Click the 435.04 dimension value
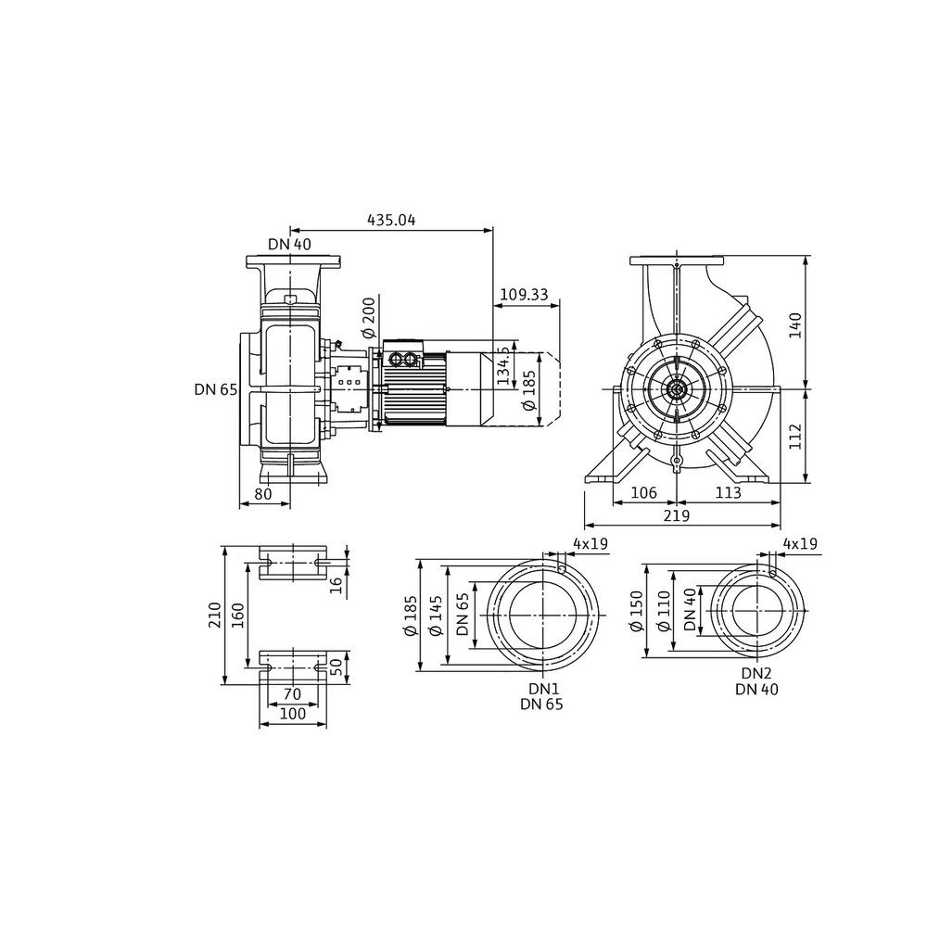pyautogui.click(x=391, y=221)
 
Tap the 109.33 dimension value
pyautogui.click(x=524, y=295)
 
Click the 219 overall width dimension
pyautogui.click(x=677, y=516)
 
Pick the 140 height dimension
pyautogui.click(x=795, y=324)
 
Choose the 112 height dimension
pyautogui.click(x=795, y=437)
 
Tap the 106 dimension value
pyautogui.click(x=644, y=492)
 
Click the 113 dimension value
pyautogui.click(x=728, y=492)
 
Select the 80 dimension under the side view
pyautogui.click(x=263, y=494)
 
